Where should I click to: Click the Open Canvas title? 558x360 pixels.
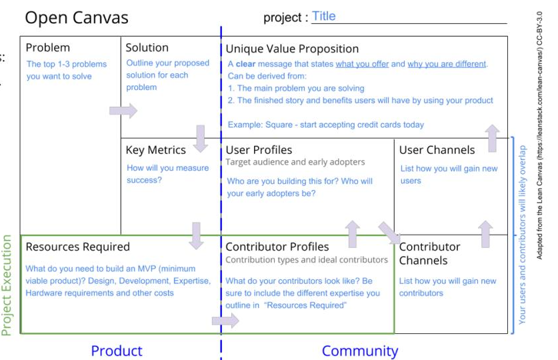point(76,17)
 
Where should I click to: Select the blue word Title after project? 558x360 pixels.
point(324,17)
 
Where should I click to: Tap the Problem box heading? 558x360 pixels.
point(47,48)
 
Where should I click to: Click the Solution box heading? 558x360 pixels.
point(147,48)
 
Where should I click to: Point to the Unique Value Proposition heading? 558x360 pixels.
point(292,49)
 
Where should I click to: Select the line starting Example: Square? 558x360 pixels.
point(325,125)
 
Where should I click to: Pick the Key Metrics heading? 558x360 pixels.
point(155,150)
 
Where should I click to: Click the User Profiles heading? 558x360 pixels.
point(259,150)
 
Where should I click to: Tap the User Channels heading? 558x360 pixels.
point(437,150)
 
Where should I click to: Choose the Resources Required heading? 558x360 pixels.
point(77,247)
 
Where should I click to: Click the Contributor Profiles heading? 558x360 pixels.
point(277,247)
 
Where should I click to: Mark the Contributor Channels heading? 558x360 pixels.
point(430,253)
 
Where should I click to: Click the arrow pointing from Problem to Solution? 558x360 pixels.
point(123,111)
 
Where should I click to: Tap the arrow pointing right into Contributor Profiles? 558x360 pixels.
point(225,321)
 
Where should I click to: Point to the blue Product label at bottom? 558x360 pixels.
point(117,351)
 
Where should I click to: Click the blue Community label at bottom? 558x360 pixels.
point(360,351)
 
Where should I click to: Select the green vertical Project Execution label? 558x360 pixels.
point(7,285)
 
